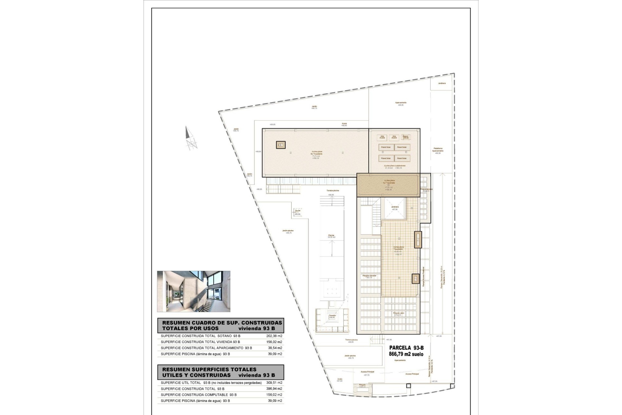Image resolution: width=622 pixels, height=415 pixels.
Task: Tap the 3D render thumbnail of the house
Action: tap(194, 291)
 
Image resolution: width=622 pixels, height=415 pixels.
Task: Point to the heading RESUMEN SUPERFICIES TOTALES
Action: tap(209, 369)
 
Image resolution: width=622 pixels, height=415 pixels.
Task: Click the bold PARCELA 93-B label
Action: tap(406, 348)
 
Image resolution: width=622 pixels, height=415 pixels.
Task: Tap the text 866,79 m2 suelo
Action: tap(406, 354)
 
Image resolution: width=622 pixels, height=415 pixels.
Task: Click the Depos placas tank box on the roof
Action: tap(406, 137)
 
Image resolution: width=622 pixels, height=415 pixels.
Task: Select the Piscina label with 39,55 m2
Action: tap(331, 236)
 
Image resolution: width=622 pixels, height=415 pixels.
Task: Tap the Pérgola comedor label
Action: tap(369, 276)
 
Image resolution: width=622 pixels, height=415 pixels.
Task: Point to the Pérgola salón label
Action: tap(398, 314)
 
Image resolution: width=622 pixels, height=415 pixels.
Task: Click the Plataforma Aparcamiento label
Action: tap(438, 150)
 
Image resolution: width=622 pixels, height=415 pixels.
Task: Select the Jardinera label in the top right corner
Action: tap(442, 83)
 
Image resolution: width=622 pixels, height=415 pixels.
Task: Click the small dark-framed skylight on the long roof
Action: tap(281, 145)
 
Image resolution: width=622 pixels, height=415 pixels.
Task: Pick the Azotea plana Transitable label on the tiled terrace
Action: tap(398, 248)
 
